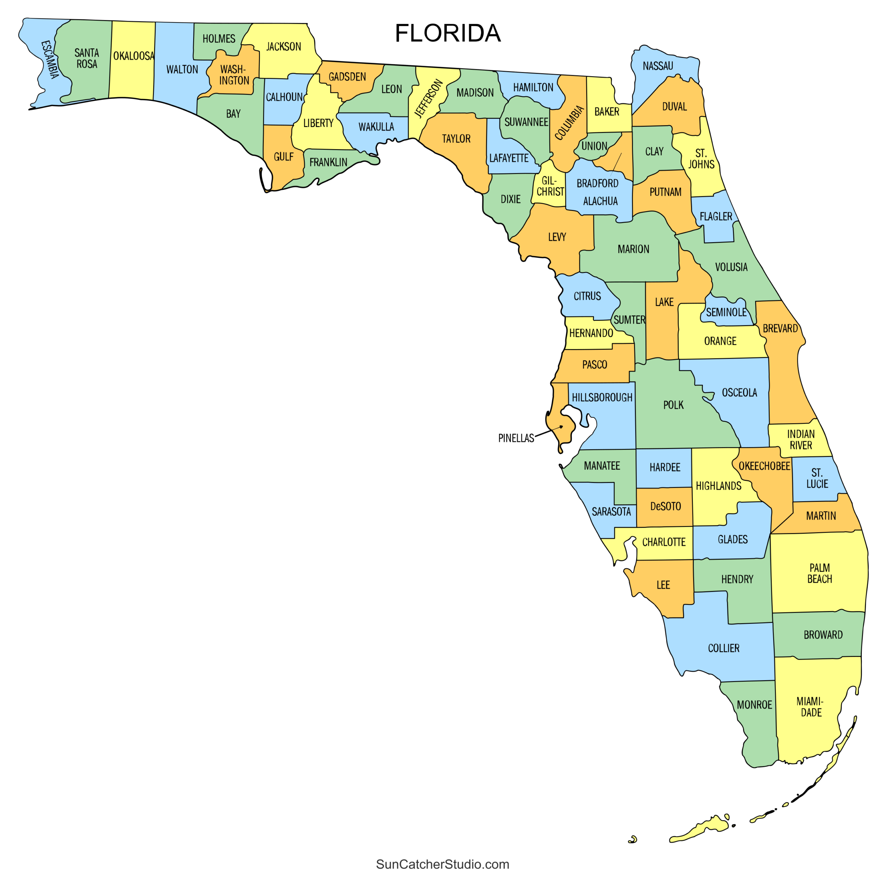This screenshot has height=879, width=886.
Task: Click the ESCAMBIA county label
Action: click(50, 60)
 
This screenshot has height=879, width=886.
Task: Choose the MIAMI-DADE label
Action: click(810, 707)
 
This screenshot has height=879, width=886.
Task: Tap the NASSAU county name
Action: click(658, 66)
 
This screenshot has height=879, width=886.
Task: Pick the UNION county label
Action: click(594, 146)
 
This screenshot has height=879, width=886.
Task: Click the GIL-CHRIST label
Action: click(550, 186)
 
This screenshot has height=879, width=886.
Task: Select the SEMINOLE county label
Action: click(726, 312)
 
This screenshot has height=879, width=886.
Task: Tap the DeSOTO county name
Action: click(666, 506)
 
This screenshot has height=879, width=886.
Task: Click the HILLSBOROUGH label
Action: click(602, 398)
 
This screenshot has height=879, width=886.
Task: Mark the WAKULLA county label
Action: click(376, 127)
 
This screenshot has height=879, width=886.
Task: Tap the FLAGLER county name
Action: click(716, 216)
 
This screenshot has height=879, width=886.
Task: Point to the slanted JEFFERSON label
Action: click(428, 98)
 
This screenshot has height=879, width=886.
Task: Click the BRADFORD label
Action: click(598, 183)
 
